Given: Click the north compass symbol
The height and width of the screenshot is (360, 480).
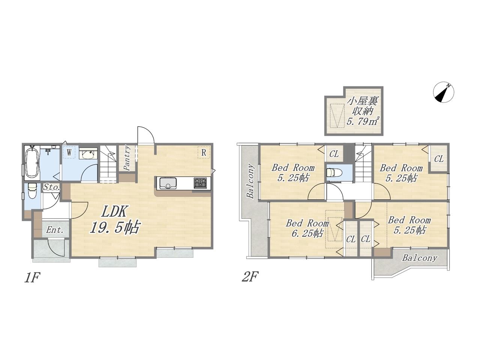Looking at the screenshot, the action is (444, 92).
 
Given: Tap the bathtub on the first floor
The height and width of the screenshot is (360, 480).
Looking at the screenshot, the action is (32, 162).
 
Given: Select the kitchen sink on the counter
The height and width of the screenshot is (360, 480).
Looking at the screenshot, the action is (168, 183).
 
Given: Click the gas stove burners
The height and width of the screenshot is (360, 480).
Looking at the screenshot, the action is (200, 183).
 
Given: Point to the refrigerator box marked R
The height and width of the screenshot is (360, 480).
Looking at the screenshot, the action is (204, 152).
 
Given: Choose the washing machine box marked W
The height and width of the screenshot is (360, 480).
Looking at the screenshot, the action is (69, 152).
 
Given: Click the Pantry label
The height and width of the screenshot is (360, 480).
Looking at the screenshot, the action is (127, 157).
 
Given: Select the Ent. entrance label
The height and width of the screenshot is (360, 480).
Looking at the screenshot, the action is (55, 230).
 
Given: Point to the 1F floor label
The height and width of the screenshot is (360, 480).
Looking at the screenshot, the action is (32, 277).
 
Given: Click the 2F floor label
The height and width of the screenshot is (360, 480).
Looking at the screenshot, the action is (250, 276).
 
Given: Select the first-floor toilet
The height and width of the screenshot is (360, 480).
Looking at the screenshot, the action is (32, 191).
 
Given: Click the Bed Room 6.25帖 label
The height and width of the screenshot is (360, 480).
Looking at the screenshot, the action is (307, 228).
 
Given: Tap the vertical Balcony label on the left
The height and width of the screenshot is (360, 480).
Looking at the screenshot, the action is (250, 180).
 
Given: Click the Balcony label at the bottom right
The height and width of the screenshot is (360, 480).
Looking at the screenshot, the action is (420, 258).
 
